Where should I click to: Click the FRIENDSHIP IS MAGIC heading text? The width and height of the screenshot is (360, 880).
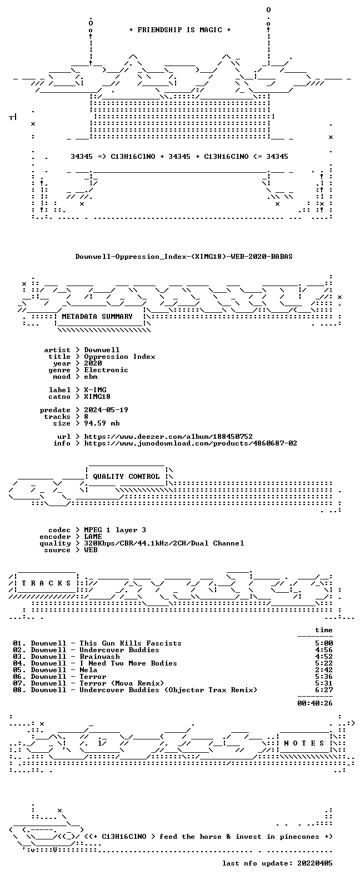pyautogui.click(x=180, y=30)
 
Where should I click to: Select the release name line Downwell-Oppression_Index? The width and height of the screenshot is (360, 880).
pyautogui.click(x=184, y=257)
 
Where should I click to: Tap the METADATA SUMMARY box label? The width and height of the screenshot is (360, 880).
pyautogui.click(x=97, y=316)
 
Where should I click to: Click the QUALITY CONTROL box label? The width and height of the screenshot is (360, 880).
pyautogui.click(x=126, y=477)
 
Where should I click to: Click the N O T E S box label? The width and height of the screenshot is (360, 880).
pyautogui.click(x=304, y=743)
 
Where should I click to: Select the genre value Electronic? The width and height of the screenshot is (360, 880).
pyautogui.click(x=106, y=370)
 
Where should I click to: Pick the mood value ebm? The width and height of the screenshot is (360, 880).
pyautogui.click(x=91, y=377)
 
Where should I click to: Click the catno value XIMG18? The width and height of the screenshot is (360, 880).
pyautogui.click(x=97, y=397)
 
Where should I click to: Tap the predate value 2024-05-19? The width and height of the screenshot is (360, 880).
pyautogui.click(x=106, y=410)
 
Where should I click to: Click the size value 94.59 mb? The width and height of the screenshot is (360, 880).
pyautogui.click(x=102, y=423)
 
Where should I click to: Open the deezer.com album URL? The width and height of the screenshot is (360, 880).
pyautogui.click(x=168, y=437)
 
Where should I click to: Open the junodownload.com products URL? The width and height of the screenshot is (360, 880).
pyautogui.click(x=191, y=443)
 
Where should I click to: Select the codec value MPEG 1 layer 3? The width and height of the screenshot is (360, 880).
pyautogui.click(x=115, y=530)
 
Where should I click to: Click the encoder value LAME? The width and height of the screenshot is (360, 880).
pyautogui.click(x=93, y=537)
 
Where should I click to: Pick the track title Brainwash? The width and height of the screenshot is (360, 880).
pyautogui.click(x=99, y=657)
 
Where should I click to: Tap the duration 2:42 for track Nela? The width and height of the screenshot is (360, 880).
pyautogui.click(x=324, y=670)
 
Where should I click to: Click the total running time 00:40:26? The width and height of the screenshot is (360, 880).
pyautogui.click(x=315, y=703)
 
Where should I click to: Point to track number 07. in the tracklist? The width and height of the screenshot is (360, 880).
pyautogui.click(x=19, y=683)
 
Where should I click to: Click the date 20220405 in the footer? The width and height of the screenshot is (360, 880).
pyautogui.click(x=315, y=863)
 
